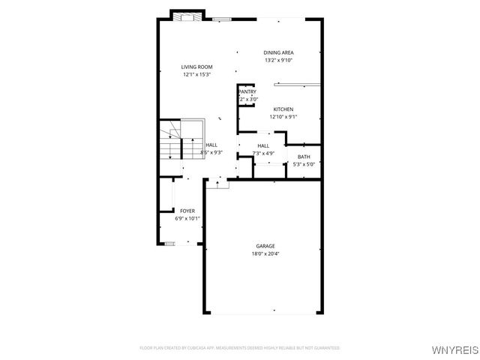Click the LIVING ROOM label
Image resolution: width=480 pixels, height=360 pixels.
pos(196,67)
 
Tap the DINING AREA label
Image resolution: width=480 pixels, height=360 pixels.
pos(278,52)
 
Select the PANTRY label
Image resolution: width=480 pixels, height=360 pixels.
pos(247,91)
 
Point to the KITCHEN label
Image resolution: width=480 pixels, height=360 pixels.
pos(283,109)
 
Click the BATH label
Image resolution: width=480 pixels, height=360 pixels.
pos(304,157)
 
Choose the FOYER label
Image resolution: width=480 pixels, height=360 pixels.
pos(187,211)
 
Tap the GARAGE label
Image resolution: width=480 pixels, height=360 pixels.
pos(265,246)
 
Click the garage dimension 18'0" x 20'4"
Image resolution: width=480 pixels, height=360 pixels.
pos(265,253)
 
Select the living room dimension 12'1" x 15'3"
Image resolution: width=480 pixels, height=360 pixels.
pos(196,75)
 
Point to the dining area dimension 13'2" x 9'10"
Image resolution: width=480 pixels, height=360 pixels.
pos(278,60)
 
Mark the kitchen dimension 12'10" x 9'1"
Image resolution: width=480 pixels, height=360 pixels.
pos(283,117)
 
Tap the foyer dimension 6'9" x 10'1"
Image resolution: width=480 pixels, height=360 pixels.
pos(187,219)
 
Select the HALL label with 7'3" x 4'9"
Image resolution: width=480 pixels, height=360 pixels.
pos(263,145)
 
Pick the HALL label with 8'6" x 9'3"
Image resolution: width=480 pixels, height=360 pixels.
pos(211,145)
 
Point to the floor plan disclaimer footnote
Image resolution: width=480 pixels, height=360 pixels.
pos(240,348)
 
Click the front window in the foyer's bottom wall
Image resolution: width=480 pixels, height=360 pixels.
pos(170,243)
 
